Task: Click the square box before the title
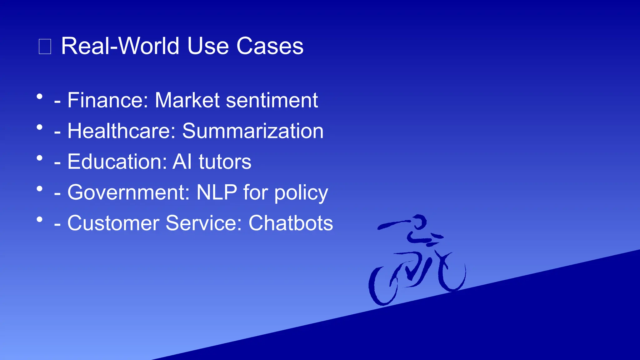coord(45,47)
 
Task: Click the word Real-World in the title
coord(121,46)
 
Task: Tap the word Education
coord(117,162)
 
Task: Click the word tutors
coord(225,162)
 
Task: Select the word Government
coord(128,192)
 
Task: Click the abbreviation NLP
coord(217,192)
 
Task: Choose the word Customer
coord(113,223)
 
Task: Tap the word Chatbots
coord(291,223)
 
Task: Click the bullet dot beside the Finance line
coord(39,97)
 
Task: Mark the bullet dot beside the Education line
coord(39,158)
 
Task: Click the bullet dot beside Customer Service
coord(39,219)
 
